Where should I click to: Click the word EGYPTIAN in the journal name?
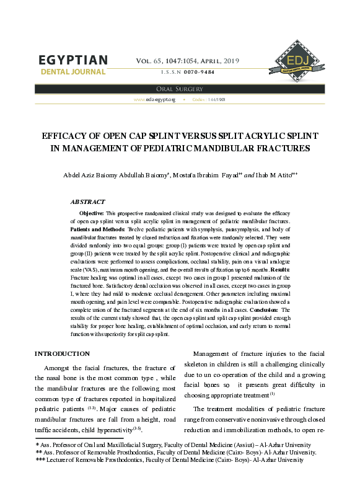(73, 60)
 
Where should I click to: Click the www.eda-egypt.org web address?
(155, 99)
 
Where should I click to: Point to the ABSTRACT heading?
(88, 202)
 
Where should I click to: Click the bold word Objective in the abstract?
(91, 213)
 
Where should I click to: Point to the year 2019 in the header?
(230, 61)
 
